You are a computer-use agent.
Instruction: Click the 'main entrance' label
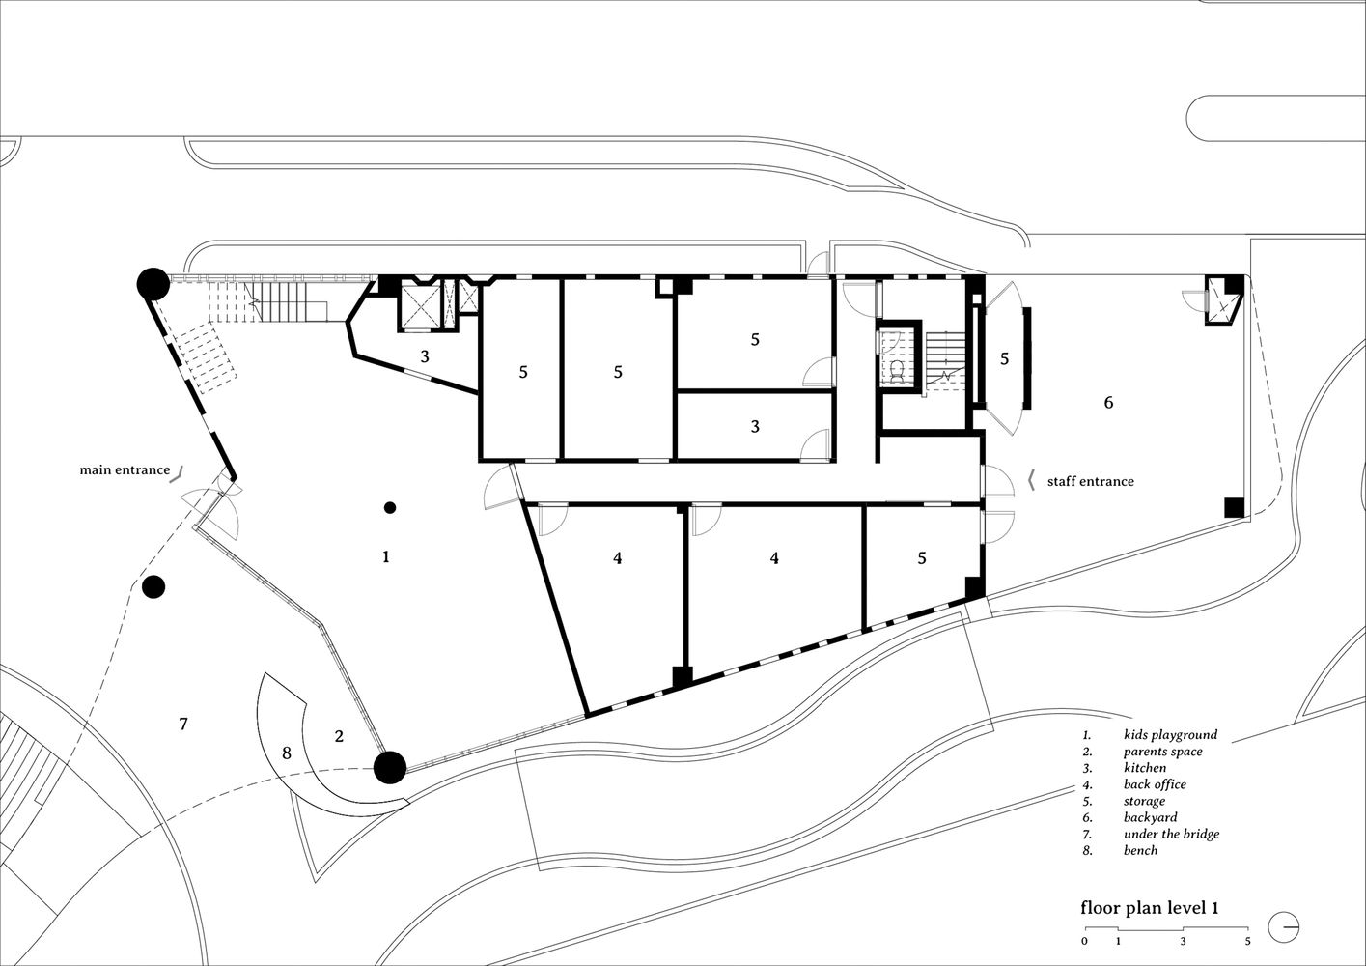125,469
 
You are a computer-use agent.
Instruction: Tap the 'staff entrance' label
1090,481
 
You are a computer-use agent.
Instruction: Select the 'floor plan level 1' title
1150,925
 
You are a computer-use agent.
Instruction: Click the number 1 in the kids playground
385,556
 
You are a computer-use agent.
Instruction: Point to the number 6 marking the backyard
1108,402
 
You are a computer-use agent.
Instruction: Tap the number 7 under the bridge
183,724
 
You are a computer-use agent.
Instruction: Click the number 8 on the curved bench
286,753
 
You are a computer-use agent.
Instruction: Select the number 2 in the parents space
339,736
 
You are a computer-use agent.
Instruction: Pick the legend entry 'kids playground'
1170,735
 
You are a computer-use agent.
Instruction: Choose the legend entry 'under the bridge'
1171,835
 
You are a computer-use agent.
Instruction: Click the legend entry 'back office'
1155,784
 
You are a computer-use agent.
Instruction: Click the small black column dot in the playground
390,507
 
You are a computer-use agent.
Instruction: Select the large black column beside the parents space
390,767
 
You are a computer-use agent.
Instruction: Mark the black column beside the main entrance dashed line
153,587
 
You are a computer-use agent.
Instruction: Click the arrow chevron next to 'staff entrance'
1031,481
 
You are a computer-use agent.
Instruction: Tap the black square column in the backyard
1235,508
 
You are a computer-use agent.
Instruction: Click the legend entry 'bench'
1140,851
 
